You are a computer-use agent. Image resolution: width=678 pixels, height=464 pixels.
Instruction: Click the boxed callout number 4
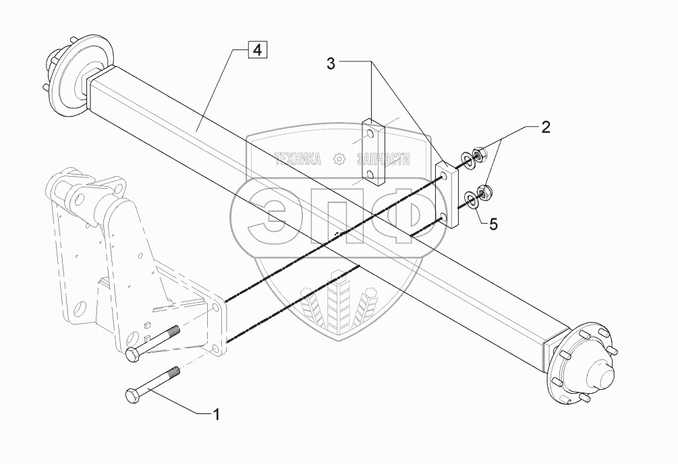pos(257,49)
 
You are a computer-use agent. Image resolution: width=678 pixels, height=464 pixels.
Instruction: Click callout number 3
pos(331,64)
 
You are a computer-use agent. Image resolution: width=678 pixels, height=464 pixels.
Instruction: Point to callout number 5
pos(493,224)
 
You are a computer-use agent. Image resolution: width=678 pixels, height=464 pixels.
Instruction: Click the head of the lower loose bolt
pos(133,396)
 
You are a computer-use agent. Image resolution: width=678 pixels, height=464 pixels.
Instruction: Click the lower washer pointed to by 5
pos(471,198)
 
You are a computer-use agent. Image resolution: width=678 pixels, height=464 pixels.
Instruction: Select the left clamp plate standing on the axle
pos(372,152)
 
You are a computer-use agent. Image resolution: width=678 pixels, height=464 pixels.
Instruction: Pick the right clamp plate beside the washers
pos(447,194)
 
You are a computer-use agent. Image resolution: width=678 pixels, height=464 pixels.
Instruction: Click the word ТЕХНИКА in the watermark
pos(297,159)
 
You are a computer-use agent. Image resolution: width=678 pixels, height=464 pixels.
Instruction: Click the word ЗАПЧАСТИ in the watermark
pos(384,159)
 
